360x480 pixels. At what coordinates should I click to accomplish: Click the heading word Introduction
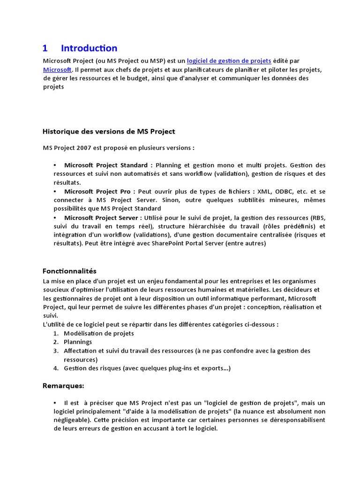point(89,48)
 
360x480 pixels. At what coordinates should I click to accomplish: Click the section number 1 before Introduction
point(45,48)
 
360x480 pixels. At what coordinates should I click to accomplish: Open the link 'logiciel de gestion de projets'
point(229,61)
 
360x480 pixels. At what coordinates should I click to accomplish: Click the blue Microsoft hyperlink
point(57,69)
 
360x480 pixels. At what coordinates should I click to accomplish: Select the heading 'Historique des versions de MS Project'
point(109,131)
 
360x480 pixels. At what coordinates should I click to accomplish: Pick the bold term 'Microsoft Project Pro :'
point(100,192)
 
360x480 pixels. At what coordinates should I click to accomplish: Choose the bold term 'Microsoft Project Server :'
point(103,218)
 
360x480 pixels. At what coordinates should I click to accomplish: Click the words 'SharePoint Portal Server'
point(161,244)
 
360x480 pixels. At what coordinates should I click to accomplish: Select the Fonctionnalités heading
point(69,271)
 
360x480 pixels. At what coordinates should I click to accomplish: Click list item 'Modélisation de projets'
point(99,333)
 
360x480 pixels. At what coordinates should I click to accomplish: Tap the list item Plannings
point(78,342)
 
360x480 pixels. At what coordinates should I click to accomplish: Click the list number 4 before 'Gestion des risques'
point(55,368)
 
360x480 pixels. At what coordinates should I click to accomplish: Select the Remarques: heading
point(63,386)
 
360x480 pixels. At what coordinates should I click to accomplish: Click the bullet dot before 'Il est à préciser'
point(55,403)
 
